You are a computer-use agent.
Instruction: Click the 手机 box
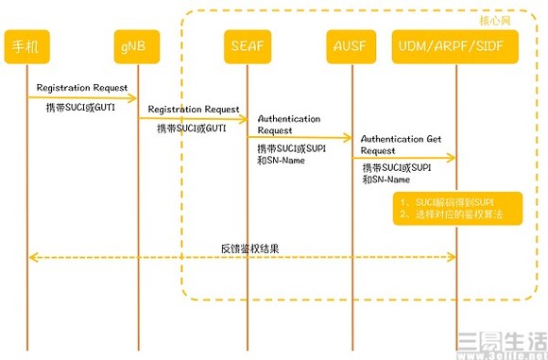click(26, 45)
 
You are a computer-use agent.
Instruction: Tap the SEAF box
click(248, 45)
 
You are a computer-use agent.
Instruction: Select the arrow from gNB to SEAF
click(193, 118)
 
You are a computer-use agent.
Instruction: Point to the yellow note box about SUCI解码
click(456, 208)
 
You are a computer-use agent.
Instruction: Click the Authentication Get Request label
click(402, 144)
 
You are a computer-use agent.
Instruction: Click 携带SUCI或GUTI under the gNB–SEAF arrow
click(192, 128)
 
